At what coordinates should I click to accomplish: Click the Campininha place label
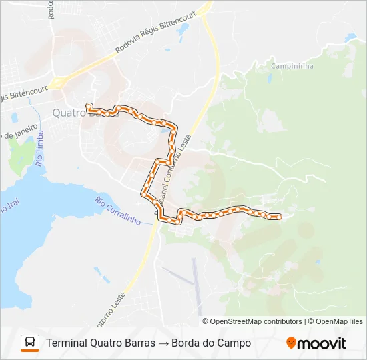pos(293,67)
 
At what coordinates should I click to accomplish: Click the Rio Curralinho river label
pos(117,210)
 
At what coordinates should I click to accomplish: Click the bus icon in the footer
pos(30,343)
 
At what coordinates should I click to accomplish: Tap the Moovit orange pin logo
pos(291,343)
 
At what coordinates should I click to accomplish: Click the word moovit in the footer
pos(322,343)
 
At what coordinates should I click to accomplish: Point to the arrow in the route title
pos(163,343)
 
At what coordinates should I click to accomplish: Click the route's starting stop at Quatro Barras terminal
pos(89,105)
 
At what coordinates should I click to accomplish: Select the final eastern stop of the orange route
pos(278,217)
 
